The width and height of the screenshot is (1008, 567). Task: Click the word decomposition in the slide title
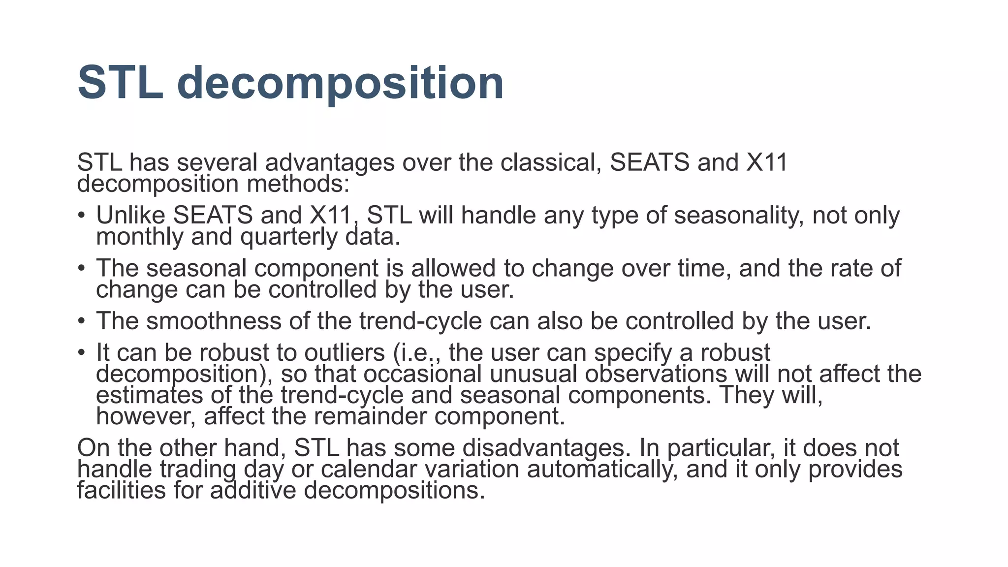tap(340, 84)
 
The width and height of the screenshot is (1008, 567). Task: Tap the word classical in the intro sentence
tap(551, 163)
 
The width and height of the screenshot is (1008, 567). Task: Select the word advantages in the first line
tap(330, 163)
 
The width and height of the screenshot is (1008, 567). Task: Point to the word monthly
tap(140, 237)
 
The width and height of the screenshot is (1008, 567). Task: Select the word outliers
tap(345, 353)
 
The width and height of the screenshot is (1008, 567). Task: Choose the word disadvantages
tap(546, 448)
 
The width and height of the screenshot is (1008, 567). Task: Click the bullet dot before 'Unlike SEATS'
tap(82, 216)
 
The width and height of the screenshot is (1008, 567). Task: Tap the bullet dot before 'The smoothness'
tap(82, 321)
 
